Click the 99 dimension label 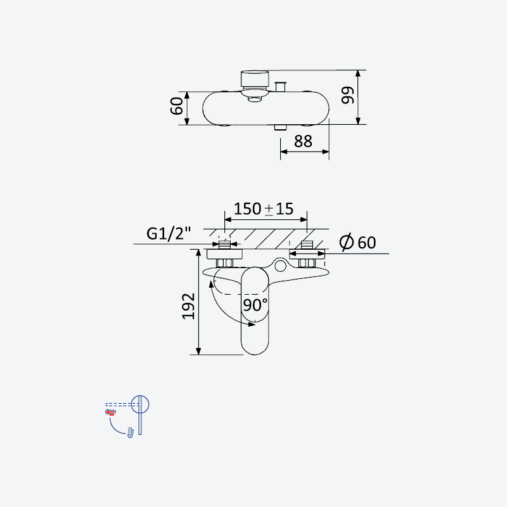click(348, 95)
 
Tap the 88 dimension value click(304, 141)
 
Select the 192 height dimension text click(188, 306)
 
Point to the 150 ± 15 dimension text click(264, 209)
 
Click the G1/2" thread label click(169, 233)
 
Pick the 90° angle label click(255, 305)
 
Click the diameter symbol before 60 click(346, 242)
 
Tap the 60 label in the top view click(177, 106)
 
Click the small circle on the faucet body click(280, 266)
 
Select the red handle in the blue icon click(110, 412)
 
